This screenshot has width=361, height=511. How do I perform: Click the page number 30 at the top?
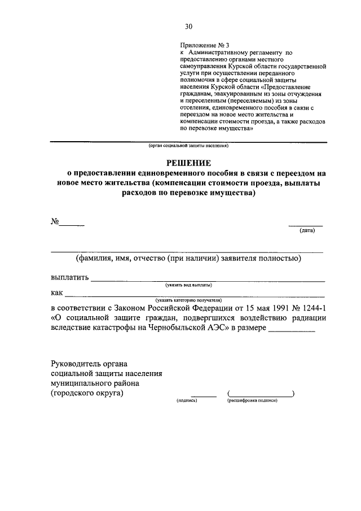click(x=188, y=25)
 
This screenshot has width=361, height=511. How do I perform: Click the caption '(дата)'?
click(x=307, y=230)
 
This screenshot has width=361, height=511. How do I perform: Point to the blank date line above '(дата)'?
click(x=306, y=224)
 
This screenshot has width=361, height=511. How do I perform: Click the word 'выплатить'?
click(x=69, y=277)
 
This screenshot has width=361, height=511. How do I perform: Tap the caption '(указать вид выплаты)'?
click(x=188, y=286)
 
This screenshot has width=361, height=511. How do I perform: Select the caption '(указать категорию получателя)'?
click(x=189, y=300)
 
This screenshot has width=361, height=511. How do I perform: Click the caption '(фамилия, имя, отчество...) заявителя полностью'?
click(x=188, y=259)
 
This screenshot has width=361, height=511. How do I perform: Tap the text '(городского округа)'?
click(x=87, y=394)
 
